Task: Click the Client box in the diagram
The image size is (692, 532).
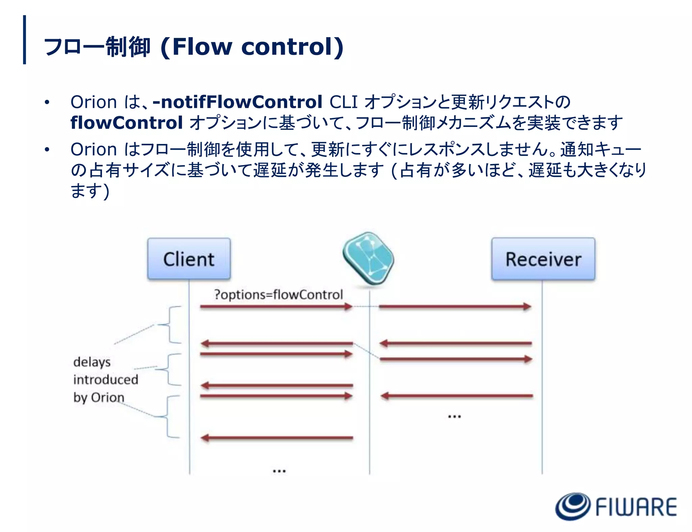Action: [189, 259]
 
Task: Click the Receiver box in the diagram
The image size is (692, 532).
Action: [543, 259]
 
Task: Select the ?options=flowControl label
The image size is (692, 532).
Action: [278, 295]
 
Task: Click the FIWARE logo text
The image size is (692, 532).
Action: [636, 507]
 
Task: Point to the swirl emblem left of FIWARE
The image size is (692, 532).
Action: [572, 506]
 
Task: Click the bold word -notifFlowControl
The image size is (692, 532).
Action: [238, 102]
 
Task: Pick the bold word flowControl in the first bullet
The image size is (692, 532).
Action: [127, 122]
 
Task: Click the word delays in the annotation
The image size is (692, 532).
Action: [92, 362]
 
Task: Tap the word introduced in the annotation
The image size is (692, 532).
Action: [105, 379]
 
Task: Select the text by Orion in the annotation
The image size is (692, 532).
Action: [99, 397]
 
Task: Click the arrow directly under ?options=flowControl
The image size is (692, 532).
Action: [276, 307]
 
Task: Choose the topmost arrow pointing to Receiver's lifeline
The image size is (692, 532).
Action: [455, 307]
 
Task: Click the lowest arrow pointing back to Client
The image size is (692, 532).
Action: [277, 438]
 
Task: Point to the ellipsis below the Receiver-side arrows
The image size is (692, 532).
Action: [454, 416]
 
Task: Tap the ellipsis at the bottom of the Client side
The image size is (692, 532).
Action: [279, 470]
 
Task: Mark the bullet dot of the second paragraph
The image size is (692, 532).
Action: [47, 149]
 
